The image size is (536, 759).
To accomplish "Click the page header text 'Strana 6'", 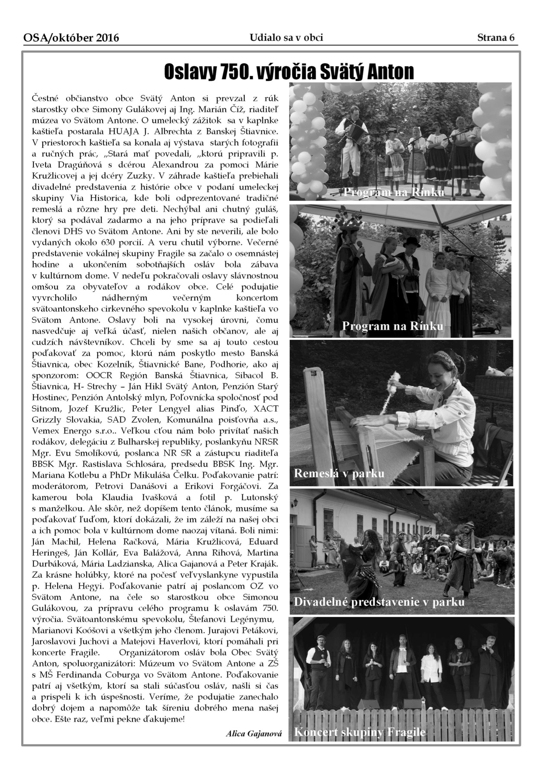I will pos(496,38).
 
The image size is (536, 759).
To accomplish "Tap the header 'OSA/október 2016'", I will pos(71,39).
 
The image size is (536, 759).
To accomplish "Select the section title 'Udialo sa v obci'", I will pos(286,38).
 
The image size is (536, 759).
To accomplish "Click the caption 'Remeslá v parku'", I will pos(339,473).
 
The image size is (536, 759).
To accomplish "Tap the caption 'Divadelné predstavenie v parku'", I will pos(379,602).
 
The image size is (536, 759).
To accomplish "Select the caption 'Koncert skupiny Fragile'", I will pos(360,732).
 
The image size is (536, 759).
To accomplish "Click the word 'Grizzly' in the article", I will pos(45,420).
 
